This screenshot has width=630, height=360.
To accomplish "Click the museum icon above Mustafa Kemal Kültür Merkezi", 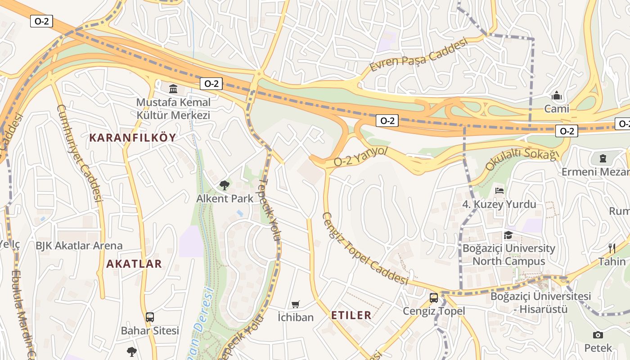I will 173,88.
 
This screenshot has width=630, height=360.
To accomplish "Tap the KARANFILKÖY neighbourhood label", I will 133,138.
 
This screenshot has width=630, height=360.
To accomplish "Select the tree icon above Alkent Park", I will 224,185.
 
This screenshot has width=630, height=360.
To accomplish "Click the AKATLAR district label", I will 134,264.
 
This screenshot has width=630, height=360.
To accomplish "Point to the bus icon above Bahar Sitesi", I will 150,317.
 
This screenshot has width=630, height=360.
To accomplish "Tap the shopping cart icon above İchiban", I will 296,304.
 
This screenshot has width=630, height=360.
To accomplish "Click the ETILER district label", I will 351,315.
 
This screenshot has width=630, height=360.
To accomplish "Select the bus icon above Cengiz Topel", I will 434,297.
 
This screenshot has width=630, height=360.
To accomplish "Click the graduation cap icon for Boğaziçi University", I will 508,235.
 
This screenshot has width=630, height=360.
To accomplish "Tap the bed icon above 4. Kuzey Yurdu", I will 499,191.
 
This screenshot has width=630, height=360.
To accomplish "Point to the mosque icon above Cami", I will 557,95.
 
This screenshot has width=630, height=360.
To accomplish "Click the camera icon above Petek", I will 598,335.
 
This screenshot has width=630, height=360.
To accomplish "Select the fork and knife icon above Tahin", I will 612,248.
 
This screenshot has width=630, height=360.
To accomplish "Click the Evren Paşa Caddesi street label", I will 418,55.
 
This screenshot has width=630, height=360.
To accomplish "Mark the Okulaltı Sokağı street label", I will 522,158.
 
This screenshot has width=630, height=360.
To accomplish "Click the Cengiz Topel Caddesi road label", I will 364,248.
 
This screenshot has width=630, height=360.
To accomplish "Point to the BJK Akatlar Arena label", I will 79,246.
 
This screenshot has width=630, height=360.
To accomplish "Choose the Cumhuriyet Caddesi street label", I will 79,153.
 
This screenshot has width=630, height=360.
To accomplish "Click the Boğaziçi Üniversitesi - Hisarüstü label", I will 540,302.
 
